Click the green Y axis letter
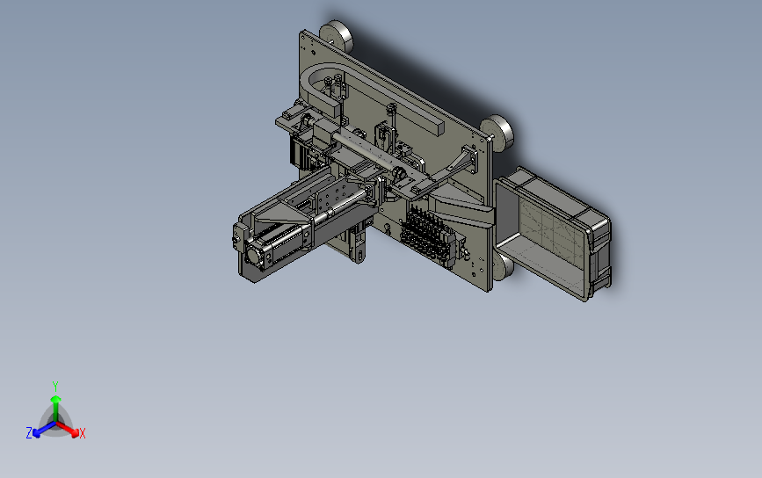click(x=55, y=387)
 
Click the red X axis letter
click(x=82, y=433)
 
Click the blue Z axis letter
click(x=29, y=433)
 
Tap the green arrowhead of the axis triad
click(x=56, y=399)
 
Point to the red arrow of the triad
click(x=68, y=428)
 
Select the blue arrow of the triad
click(x=44, y=429)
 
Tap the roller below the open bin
click(x=503, y=267)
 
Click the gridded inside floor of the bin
click(x=550, y=229)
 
